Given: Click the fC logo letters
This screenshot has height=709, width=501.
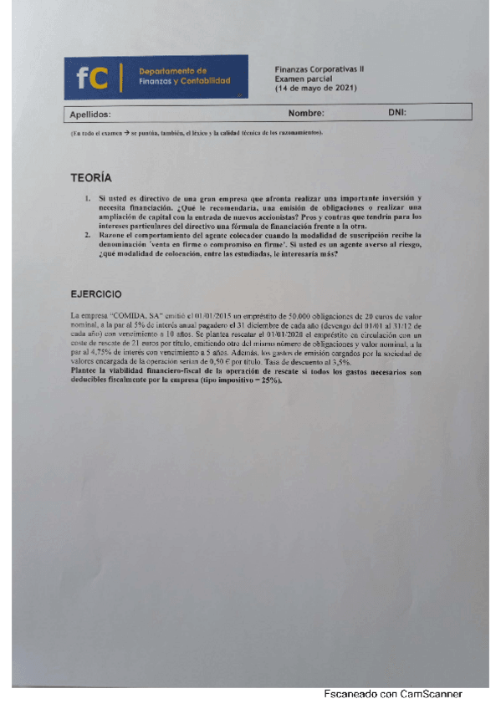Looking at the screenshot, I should [92, 78].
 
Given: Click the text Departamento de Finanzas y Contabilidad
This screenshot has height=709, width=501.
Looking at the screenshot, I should [184, 76].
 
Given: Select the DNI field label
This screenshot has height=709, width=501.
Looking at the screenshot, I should [397, 113].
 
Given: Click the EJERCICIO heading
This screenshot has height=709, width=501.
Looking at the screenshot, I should [96, 293].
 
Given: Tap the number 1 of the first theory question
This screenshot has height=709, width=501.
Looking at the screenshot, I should [88, 198].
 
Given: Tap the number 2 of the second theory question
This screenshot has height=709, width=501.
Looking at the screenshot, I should [88, 236].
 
